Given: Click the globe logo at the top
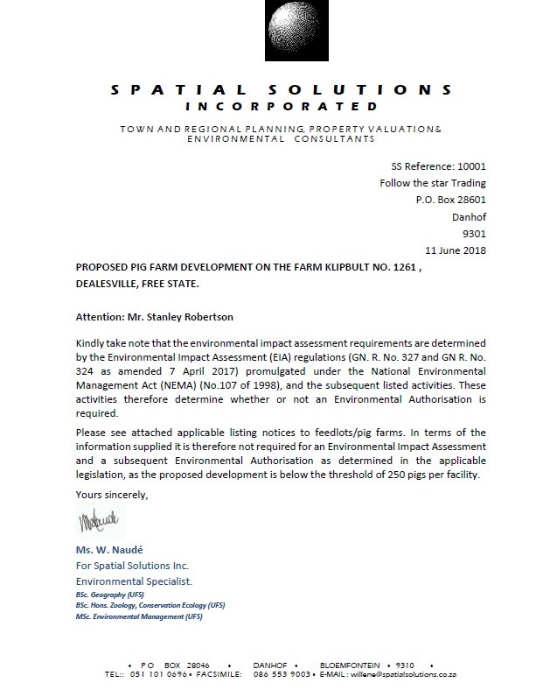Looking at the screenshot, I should click(x=279, y=36).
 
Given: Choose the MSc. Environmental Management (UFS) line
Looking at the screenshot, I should click(x=139, y=616).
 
